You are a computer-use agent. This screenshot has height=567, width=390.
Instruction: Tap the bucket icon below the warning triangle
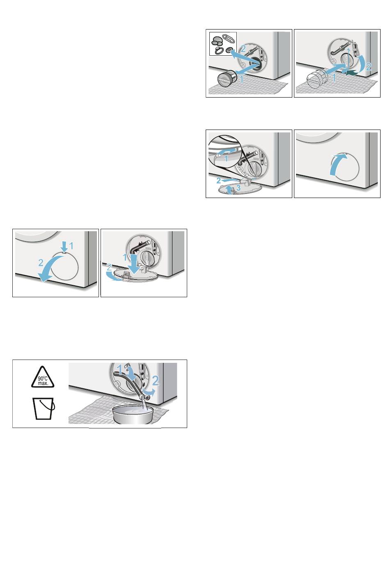click(x=44, y=408)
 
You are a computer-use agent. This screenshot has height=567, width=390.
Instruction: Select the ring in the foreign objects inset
click(x=219, y=51)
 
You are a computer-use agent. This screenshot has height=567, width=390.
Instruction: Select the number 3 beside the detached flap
click(x=238, y=188)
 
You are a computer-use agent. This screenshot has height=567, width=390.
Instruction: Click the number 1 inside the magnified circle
click(x=226, y=159)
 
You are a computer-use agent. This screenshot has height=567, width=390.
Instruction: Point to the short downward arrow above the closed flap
click(x=65, y=246)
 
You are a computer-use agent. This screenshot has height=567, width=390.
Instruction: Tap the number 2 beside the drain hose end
click(x=155, y=380)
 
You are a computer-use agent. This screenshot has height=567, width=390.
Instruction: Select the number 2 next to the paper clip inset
click(x=243, y=49)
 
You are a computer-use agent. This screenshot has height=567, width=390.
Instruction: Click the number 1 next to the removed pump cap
click(x=241, y=80)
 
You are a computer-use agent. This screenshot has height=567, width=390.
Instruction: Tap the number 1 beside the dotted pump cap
click(x=334, y=77)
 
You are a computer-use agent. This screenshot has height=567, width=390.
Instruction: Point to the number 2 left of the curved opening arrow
click(x=41, y=263)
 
